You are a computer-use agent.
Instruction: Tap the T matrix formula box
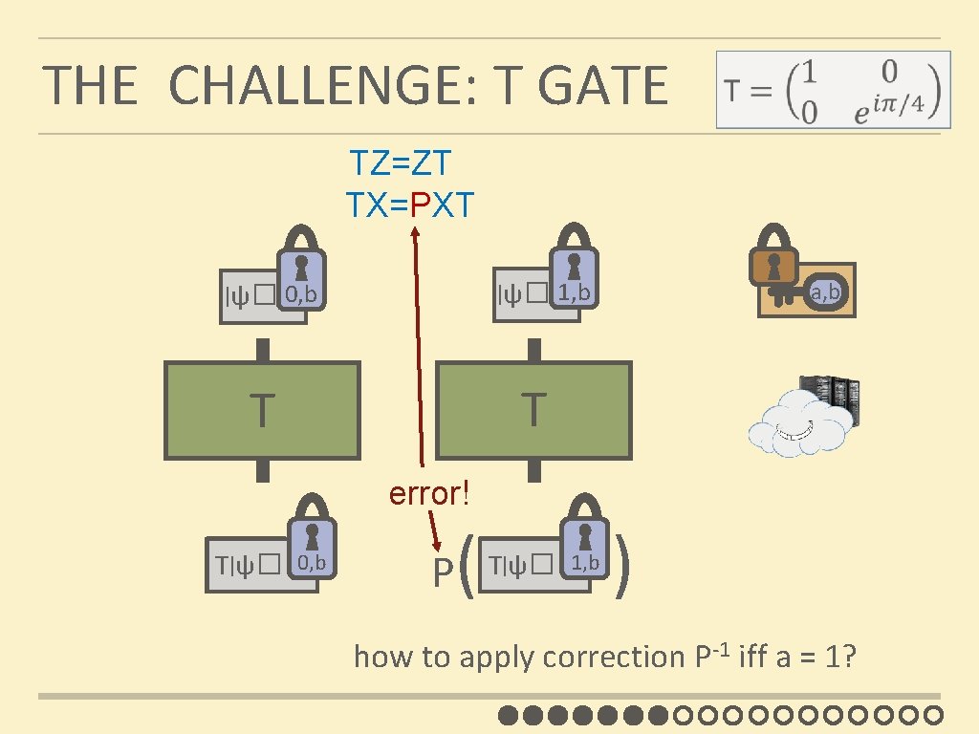pos(834,89)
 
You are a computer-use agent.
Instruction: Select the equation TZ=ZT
pos(401,163)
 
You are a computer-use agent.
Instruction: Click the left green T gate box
pos(262,410)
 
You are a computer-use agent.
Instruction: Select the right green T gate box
pos(533,410)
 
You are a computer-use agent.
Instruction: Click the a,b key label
pos(824,292)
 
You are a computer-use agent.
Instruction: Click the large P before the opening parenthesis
pos(441,572)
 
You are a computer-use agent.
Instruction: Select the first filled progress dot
pos(508,714)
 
